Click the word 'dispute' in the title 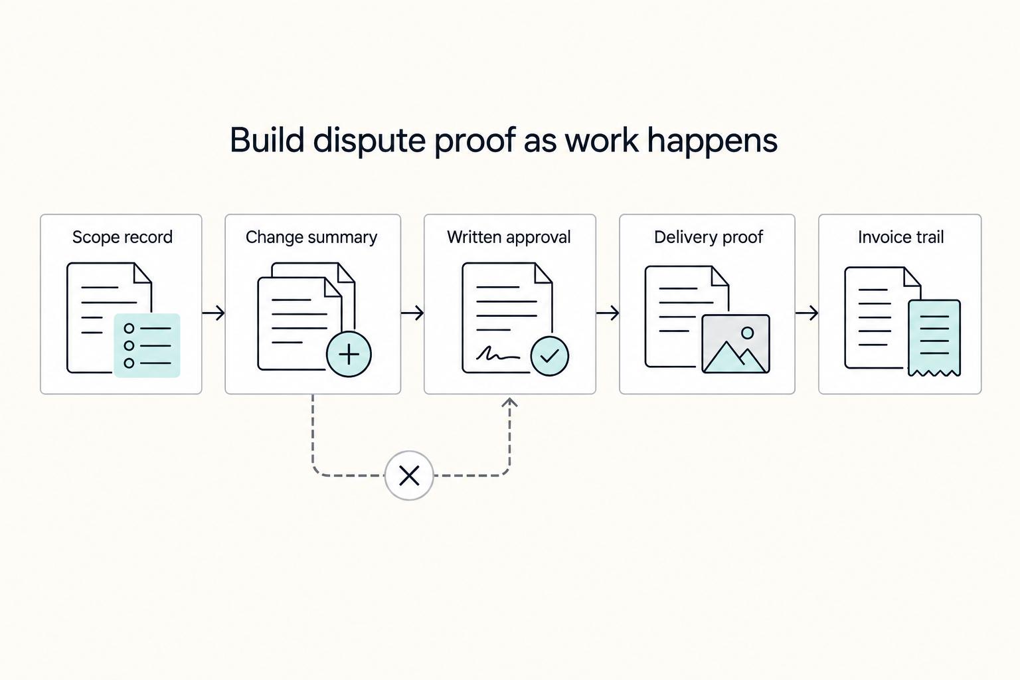pos(370,141)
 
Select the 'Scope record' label pos(122,237)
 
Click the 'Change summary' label pos(311,237)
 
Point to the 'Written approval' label pos(509,237)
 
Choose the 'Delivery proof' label pos(709,237)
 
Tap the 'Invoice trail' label pos(900,237)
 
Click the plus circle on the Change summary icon pos(349,355)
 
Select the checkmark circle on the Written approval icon pos(550,356)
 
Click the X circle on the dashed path pos(409,475)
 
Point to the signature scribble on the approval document pos(498,353)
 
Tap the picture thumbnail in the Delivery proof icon pos(736,344)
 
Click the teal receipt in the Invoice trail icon pos(934,338)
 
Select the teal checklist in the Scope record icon pos(147,346)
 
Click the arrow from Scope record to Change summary pos(214,313)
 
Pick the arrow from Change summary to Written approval pos(412,313)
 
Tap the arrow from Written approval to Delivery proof pos(608,313)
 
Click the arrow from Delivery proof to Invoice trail pos(807,313)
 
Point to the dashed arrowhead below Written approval pos(509,402)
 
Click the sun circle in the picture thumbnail pos(747,333)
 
